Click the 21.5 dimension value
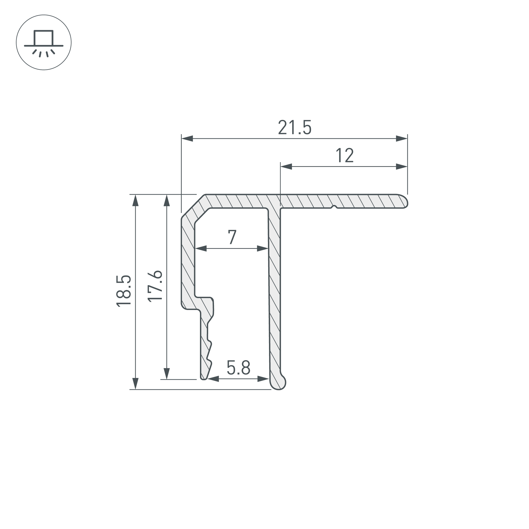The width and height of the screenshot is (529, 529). [295, 127]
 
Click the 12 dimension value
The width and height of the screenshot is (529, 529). [344, 156]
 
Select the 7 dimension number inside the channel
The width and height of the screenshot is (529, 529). [232, 237]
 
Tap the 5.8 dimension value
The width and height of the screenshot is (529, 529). [238, 368]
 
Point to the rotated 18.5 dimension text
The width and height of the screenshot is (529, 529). [124, 291]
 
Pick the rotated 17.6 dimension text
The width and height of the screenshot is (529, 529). [155, 286]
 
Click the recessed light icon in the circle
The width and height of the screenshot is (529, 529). [44, 42]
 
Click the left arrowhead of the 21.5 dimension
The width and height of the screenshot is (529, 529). [187, 139]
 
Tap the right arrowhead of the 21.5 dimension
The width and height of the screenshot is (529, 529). [402, 139]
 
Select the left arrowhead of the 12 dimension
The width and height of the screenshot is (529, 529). [286, 166]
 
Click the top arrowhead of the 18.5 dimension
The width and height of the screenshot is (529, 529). [135, 200]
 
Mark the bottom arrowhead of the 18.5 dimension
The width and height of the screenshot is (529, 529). [135, 383]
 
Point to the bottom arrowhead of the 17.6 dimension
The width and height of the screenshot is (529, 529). [166, 373]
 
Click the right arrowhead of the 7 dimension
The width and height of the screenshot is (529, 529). [263, 249]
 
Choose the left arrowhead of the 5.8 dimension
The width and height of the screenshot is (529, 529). [213, 379]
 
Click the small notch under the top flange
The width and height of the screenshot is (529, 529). [334, 207]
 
